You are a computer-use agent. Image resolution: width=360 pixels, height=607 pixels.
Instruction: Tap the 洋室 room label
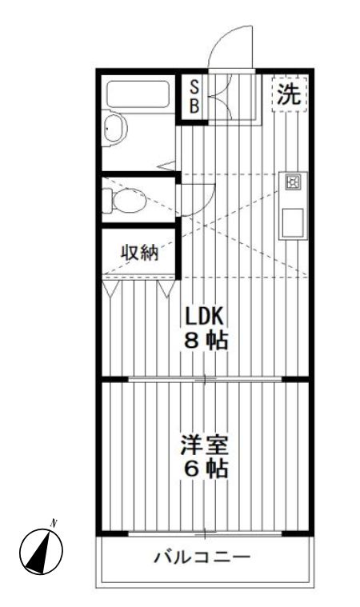pyautogui.click(x=205, y=442)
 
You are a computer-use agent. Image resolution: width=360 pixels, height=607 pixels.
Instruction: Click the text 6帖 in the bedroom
pyautogui.click(x=205, y=469)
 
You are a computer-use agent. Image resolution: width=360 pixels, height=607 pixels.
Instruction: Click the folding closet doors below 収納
pyautogui.click(x=140, y=286)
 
